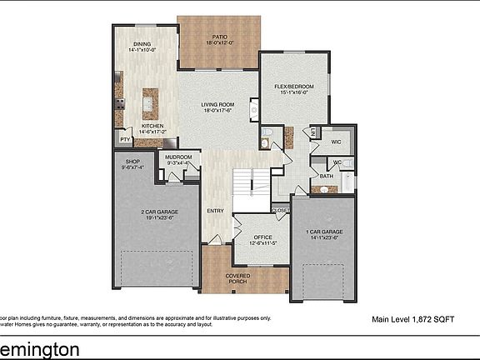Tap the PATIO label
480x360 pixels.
(219, 37)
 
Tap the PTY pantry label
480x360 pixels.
(124, 140)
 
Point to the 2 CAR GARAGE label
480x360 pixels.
(156, 213)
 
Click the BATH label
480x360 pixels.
(326, 176)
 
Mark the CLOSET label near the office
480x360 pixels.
(280, 210)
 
